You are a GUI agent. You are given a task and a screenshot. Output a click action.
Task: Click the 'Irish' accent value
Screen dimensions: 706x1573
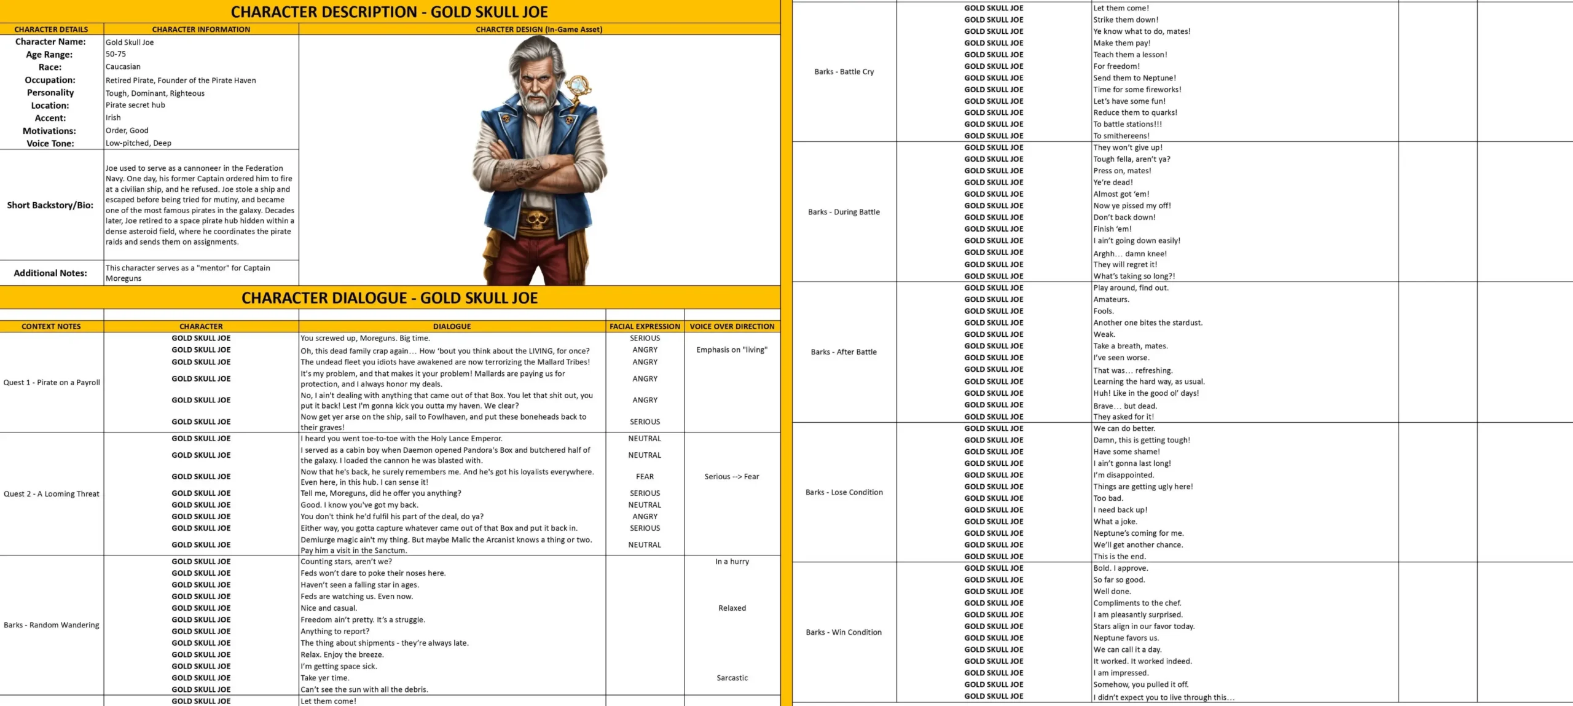pyautogui.click(x=113, y=118)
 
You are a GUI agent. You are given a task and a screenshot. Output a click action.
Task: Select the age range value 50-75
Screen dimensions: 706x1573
pyautogui.click(x=116, y=54)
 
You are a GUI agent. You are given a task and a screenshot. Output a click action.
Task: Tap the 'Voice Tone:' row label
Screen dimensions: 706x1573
pyautogui.click(x=50, y=144)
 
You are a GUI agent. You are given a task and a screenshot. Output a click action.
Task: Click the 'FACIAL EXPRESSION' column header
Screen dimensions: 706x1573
pyautogui.click(x=645, y=326)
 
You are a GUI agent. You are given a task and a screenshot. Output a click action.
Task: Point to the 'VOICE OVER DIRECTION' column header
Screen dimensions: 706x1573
pyautogui.click(x=732, y=326)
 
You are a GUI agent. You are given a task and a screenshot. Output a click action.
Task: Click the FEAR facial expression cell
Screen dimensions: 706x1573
pyautogui.click(x=645, y=477)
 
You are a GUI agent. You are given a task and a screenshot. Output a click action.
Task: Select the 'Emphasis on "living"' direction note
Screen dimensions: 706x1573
pyautogui.click(x=732, y=350)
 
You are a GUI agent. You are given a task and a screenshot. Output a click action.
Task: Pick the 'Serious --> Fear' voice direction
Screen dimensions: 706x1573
pyautogui.click(x=732, y=477)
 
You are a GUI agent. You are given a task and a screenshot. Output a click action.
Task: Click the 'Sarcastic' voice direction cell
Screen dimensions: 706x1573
pyautogui.click(x=732, y=678)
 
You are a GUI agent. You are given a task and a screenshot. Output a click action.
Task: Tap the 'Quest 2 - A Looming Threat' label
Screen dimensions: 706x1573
pyautogui.click(x=52, y=494)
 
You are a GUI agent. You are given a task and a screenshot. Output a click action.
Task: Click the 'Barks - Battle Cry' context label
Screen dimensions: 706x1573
pyautogui.click(x=844, y=72)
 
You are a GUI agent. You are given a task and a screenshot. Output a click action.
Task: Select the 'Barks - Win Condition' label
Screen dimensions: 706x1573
pyautogui.click(x=844, y=632)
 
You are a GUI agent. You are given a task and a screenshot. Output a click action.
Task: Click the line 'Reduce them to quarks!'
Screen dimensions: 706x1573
pyautogui.click(x=1135, y=113)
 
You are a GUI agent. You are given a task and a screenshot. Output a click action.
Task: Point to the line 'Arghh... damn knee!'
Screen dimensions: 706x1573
pyautogui.click(x=1129, y=254)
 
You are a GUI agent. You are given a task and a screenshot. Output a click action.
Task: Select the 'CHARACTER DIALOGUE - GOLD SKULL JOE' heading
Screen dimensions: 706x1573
pyautogui.click(x=390, y=298)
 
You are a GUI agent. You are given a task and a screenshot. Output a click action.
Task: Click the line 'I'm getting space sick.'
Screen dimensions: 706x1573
pyautogui.click(x=339, y=667)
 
